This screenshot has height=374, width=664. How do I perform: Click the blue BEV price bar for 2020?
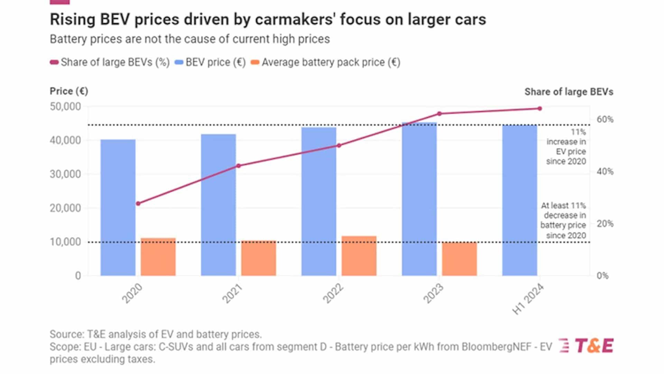[x=118, y=208]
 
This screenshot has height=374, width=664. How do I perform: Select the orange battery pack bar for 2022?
[x=359, y=256]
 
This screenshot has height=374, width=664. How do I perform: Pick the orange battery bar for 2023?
[x=459, y=259]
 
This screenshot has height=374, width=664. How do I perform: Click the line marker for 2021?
[x=238, y=166]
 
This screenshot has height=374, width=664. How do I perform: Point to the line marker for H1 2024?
[x=539, y=109]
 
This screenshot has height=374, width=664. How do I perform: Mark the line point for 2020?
[x=138, y=203]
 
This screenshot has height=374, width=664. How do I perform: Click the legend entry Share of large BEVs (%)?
[x=110, y=63]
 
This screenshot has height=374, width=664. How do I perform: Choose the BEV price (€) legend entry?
[x=210, y=63]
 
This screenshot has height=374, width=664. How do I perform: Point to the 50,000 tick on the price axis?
[x=65, y=107]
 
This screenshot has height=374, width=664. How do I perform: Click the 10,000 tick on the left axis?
[x=65, y=242]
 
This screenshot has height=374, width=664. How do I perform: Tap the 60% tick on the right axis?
[x=605, y=120]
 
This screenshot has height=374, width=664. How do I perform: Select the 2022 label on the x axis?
[x=333, y=293]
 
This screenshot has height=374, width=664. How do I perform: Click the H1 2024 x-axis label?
[x=528, y=299]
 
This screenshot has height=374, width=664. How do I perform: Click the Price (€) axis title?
[x=69, y=91]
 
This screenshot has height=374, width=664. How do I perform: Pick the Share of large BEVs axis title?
[x=569, y=92]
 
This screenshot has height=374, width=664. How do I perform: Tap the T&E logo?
[x=586, y=346]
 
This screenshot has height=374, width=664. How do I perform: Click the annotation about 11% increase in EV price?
[x=566, y=147]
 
